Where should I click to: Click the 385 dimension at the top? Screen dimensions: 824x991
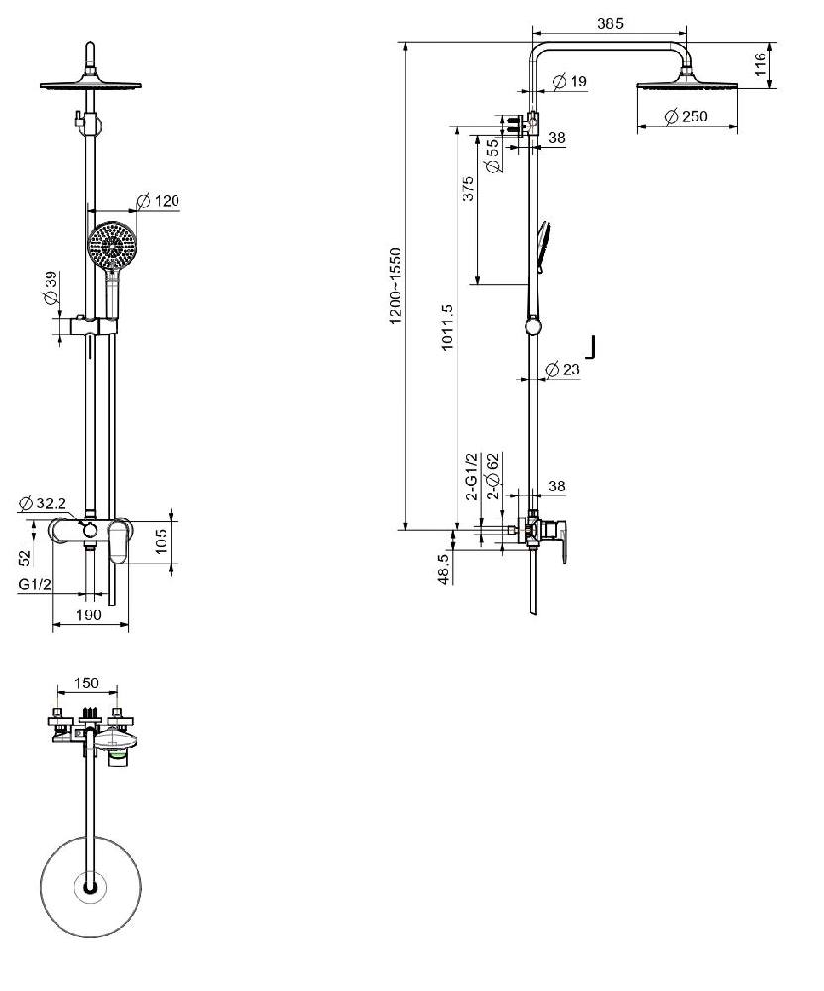[610, 24]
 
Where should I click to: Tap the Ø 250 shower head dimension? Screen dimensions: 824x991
[686, 116]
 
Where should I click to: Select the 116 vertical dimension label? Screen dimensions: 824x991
[761, 64]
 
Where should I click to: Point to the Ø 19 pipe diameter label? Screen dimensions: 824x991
[570, 81]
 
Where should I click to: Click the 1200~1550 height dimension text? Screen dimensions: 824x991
[396, 285]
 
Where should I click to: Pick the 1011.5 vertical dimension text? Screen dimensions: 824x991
[446, 327]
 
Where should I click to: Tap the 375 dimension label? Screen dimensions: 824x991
[468, 189]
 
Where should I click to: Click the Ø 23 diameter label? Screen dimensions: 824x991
[562, 369]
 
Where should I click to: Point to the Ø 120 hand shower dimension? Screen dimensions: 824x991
[158, 201]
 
